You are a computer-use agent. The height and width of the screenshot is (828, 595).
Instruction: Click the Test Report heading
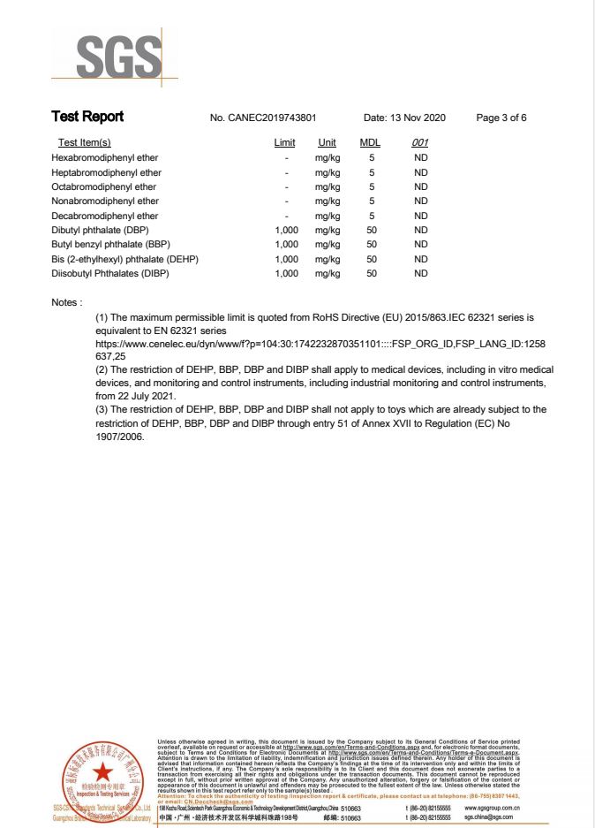click(x=87, y=117)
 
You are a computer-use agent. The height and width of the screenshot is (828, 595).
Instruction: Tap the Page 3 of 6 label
click(x=501, y=118)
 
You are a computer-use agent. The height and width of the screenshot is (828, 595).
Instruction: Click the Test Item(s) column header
click(x=84, y=143)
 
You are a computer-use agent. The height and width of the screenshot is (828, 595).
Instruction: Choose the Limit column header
click(x=284, y=143)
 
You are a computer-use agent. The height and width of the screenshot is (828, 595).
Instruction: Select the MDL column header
click(x=370, y=143)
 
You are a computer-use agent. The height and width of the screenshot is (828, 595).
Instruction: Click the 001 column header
click(x=420, y=143)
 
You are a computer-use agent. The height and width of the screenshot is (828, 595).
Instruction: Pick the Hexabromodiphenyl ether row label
click(x=106, y=158)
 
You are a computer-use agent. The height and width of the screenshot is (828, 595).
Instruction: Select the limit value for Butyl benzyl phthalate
click(x=287, y=244)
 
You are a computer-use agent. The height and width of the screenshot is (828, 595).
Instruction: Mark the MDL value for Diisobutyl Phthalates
click(x=372, y=273)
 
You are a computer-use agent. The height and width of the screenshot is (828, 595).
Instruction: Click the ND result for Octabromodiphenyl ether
click(x=420, y=187)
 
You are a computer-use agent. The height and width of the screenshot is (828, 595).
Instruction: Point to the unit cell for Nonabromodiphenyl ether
click(x=328, y=201)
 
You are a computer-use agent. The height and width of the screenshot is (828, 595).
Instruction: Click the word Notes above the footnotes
click(x=67, y=302)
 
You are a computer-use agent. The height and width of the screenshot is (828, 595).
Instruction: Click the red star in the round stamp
click(x=102, y=771)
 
